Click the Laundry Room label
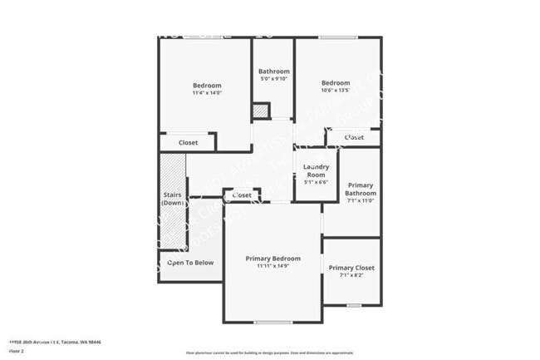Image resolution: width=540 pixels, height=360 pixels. pos(316,170)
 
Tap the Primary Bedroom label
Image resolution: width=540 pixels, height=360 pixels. pos(272,259)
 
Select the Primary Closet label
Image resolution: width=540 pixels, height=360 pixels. pos(351,268)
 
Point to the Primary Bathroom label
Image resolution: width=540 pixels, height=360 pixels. pos(361,190)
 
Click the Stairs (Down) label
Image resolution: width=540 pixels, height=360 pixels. pos(173,199)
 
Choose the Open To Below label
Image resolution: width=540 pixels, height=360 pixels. pos(191,263)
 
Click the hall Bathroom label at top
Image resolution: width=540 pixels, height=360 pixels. pos(273,72)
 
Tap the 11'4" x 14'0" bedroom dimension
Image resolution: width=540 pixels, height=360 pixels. pos(207,92)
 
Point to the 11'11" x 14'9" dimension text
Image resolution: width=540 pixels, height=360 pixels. pos(272,266)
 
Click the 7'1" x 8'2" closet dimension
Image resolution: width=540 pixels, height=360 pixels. pos(351,275)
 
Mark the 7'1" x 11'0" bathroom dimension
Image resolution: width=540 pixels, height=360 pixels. pos(361,200)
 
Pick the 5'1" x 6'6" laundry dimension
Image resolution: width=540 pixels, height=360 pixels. pos(316,182)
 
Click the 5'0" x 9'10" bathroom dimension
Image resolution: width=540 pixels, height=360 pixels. pos(273,79)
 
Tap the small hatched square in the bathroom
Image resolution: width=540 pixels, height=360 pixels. pos(261,110)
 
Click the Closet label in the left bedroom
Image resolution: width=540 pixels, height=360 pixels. pos(188,143)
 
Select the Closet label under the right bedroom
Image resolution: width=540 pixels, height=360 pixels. pos(354,137)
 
